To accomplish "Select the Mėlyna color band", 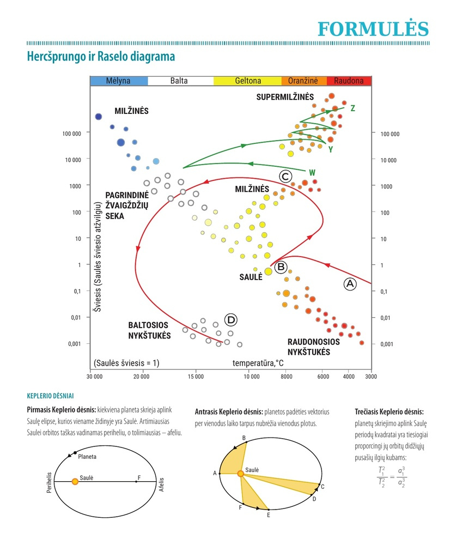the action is coord(119,81).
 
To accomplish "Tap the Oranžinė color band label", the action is coord(303,81).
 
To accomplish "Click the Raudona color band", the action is coord(349,81).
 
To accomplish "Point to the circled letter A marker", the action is coord(350,284).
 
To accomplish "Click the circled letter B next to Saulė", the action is coord(281,267).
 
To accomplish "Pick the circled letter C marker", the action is coord(285,177).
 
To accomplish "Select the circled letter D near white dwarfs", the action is coord(231,320).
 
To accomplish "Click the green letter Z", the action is coord(353,108).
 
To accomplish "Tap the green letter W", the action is coord(312,172).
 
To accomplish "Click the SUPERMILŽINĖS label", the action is coord(285,97).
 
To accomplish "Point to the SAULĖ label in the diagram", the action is coord(251,277).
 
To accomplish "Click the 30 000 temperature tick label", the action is coord(95,377).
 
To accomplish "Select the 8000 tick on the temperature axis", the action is coord(287,377).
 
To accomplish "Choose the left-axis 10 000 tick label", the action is coord(73,160).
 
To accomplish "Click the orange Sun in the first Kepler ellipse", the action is coord(75,481).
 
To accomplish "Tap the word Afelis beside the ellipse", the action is coord(161,484).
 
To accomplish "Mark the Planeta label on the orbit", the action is coord(87,457).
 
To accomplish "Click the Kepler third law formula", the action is coord(392,477).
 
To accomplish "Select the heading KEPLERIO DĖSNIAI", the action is coord(51,396).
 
